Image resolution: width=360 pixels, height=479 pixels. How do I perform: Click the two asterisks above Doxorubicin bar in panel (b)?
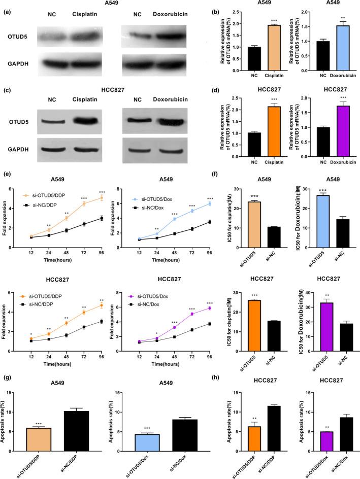coord(334,16)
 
